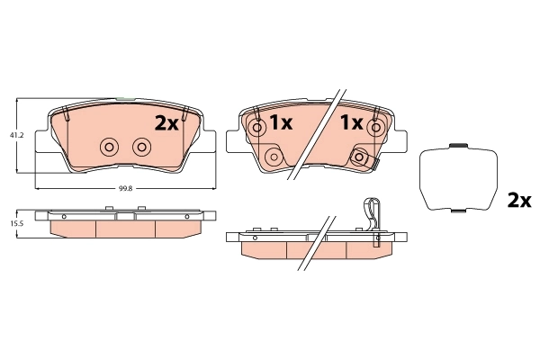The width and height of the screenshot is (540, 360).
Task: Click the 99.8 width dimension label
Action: coord(125,189)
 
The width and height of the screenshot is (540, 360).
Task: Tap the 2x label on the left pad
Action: coord(166,123)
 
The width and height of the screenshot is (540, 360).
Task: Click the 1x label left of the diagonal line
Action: coord(282,123)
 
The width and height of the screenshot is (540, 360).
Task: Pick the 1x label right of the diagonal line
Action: coord(350,121)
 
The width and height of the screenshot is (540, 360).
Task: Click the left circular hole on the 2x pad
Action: coord(110,147)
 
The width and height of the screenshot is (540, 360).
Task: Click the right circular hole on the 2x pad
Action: coord(141,147)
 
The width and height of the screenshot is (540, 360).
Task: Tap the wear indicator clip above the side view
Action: coord(371,213)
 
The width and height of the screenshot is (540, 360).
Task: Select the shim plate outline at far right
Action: coord(460,178)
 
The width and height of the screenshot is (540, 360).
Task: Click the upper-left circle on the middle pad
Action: coord(256,128)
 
